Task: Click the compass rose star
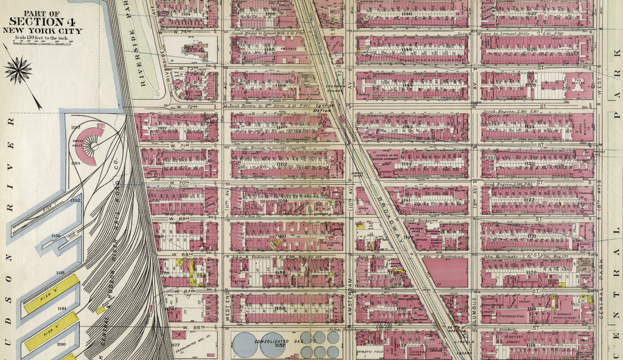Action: click(x=18, y=70)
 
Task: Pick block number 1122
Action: click(x=530, y=199)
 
